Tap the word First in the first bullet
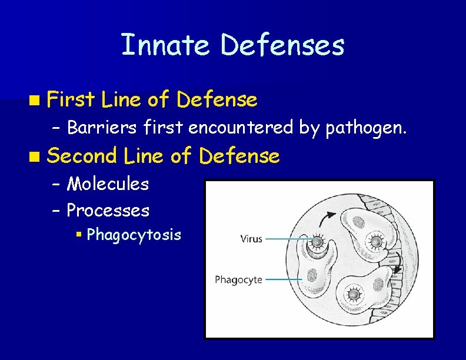[71, 100]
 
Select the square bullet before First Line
[37, 101]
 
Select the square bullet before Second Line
[37, 156]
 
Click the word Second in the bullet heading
[82, 156]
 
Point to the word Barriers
[96, 126]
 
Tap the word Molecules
[108, 184]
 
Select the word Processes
[108, 210]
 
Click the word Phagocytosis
[134, 235]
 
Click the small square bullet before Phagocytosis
[79, 235]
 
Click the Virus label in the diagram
[251, 239]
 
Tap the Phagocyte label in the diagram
[238, 279]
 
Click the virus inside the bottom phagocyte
[353, 294]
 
